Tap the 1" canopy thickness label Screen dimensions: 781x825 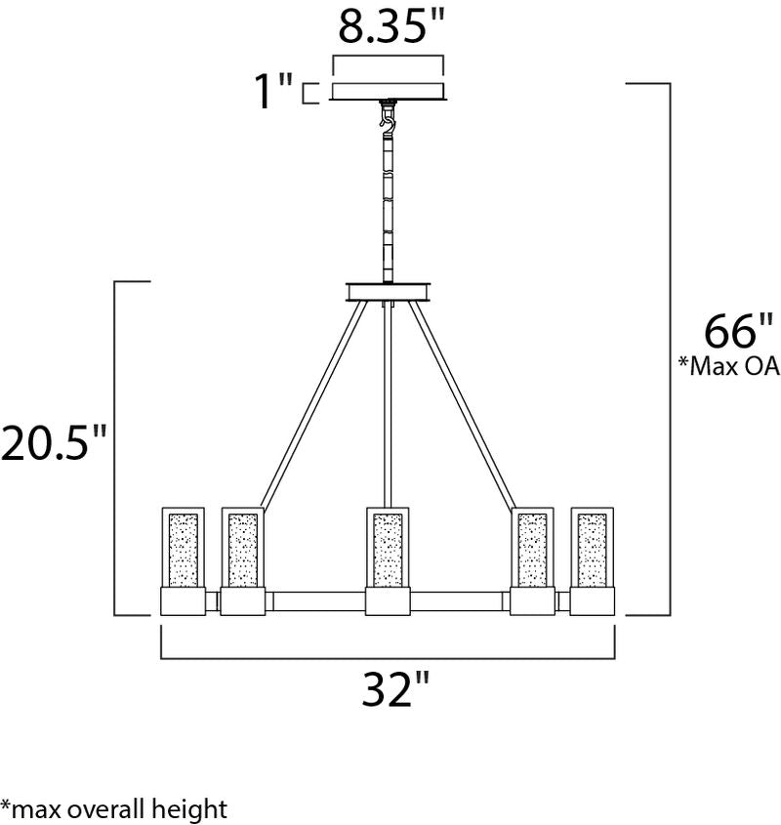pos(273,91)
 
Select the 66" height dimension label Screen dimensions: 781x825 pos(738,331)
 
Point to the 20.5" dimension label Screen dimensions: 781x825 pos(54,442)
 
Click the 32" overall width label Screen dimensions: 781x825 pos(395,688)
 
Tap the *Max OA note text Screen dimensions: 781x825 pos(729,366)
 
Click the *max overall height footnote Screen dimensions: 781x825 pos(113,808)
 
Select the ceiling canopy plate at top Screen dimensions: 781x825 pos(388,91)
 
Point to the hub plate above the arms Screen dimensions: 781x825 pos(388,292)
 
